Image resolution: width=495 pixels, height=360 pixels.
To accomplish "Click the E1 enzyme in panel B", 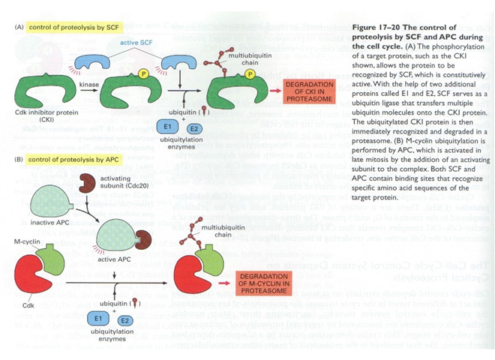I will pyautogui.click(x=93, y=318).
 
